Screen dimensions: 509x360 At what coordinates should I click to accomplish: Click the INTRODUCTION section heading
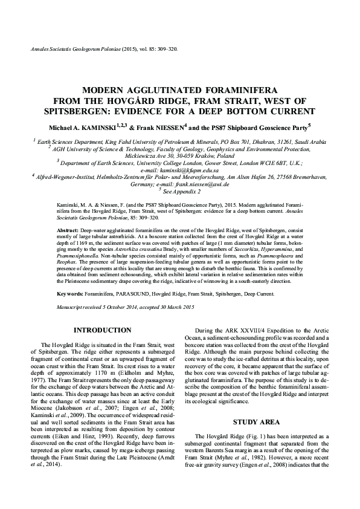(102, 330)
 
